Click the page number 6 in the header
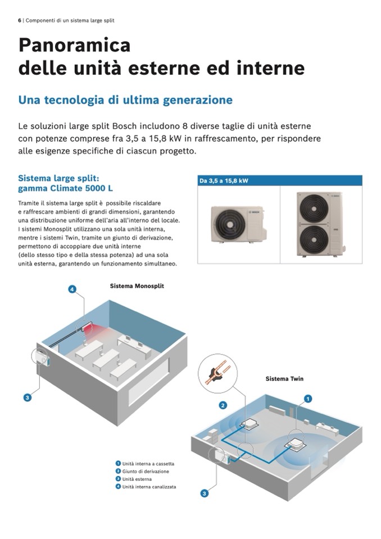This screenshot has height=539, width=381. pyautogui.click(x=20, y=21)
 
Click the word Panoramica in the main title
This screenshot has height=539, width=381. pyautogui.click(x=75, y=46)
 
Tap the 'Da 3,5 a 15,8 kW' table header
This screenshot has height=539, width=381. pyautogui.click(x=224, y=181)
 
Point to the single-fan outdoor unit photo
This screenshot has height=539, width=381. pyautogui.click(x=239, y=224)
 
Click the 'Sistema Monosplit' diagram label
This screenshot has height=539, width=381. pyautogui.click(x=137, y=286)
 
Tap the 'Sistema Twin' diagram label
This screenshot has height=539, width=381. pyautogui.click(x=284, y=379)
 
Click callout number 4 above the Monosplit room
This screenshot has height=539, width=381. pyautogui.click(x=72, y=289)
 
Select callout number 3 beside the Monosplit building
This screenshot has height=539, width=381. pyautogui.click(x=28, y=398)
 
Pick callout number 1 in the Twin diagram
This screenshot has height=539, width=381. pyautogui.click(x=308, y=398)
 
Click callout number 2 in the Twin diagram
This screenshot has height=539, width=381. pyautogui.click(x=223, y=405)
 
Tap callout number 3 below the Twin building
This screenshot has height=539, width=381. pyautogui.click(x=204, y=493)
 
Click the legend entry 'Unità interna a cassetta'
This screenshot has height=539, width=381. pyautogui.click(x=145, y=464)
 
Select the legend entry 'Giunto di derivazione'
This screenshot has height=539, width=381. pyautogui.click(x=142, y=472)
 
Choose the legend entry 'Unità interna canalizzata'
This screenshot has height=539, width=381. pyautogui.click(x=146, y=486)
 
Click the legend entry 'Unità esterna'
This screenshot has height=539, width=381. pyautogui.click(x=134, y=479)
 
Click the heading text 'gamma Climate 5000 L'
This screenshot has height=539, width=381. pyautogui.click(x=65, y=188)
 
